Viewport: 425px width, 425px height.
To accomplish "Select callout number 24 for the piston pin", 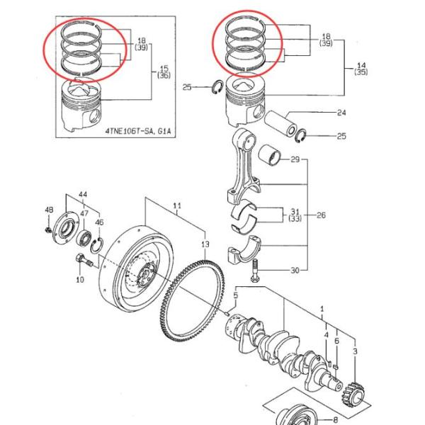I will click(x=341, y=113).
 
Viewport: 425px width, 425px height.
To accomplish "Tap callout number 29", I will click(x=295, y=160).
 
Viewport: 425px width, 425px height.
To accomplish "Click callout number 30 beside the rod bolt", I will click(x=295, y=270).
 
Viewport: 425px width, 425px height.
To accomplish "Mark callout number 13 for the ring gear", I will click(x=205, y=244).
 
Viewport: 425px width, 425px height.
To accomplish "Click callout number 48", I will click(x=49, y=210).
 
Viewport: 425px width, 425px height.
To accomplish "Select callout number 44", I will click(x=83, y=194).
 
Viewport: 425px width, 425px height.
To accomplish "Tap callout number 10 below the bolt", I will click(x=79, y=280).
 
